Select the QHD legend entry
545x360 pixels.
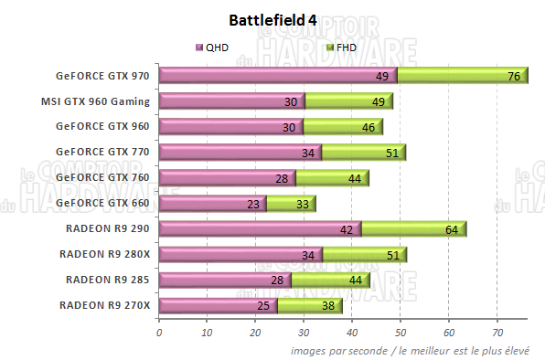pos(212,47)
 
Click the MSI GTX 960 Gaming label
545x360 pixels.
pos(96,101)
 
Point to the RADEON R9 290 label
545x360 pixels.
pos(107,228)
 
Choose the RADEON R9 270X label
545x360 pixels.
pos(103,304)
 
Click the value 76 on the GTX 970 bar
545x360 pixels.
pos(514,77)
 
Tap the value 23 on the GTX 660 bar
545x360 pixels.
pos(253,205)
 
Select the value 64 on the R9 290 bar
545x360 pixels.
pos(452,230)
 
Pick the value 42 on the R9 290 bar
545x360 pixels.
pos(347,230)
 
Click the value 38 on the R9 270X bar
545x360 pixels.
pos(326,307)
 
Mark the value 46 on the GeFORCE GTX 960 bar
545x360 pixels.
pos(367,128)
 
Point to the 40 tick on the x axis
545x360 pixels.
pos(352,333)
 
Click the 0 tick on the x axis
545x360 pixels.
pos(159,333)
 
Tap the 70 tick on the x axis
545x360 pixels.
pos(497,333)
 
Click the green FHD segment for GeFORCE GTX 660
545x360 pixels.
pos(291,204)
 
